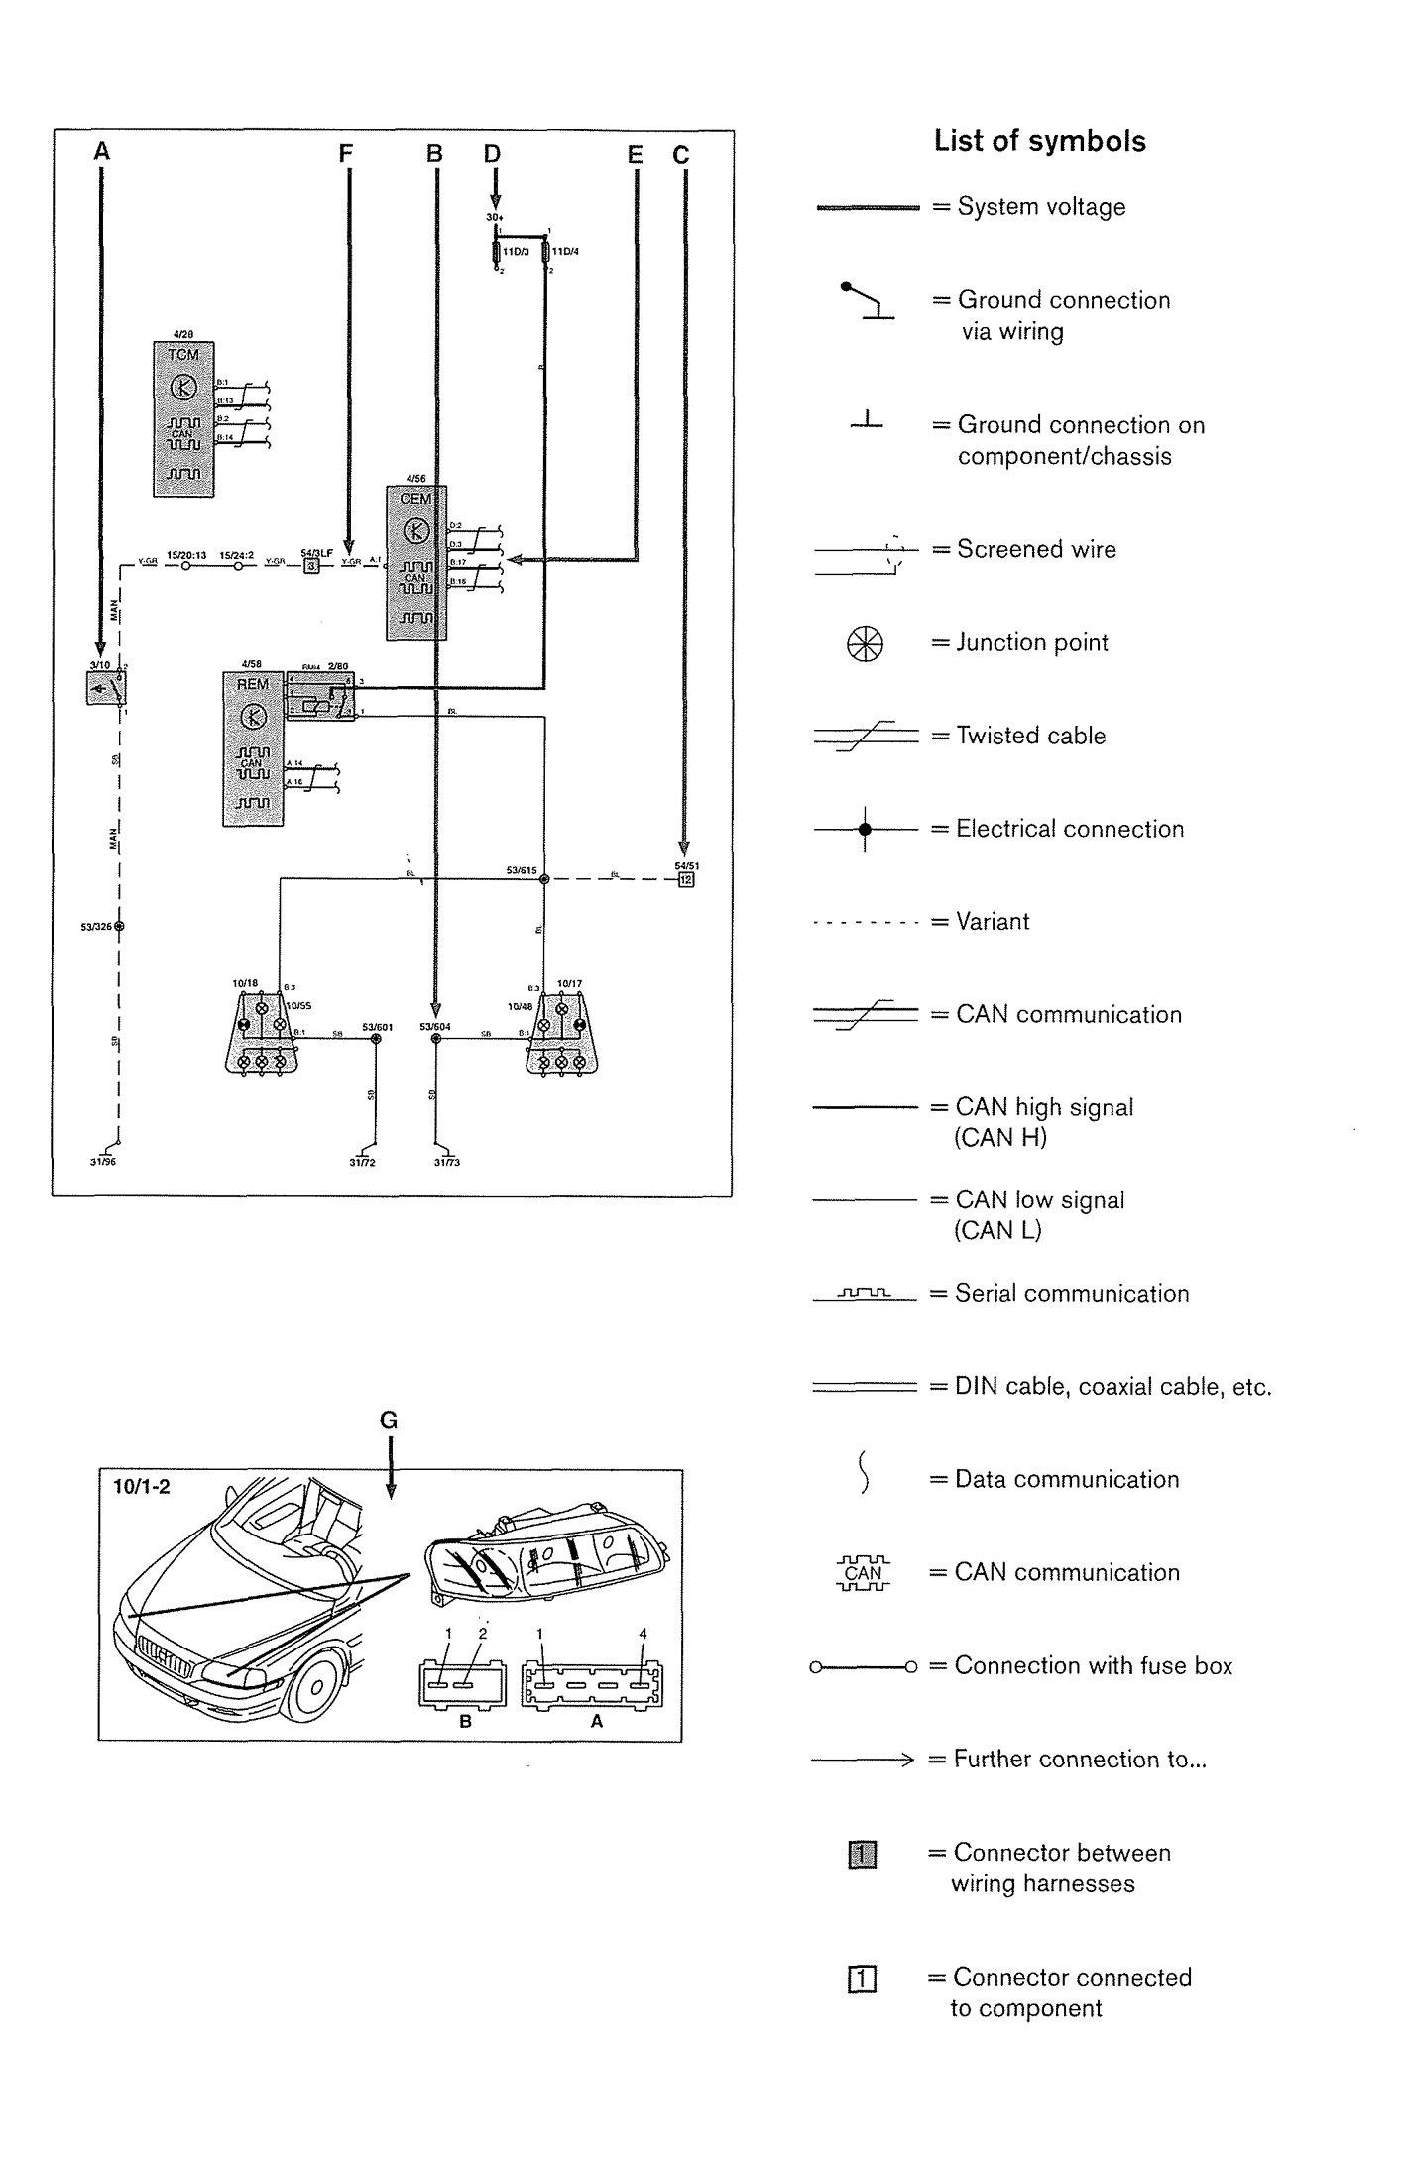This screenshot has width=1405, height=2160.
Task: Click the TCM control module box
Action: click(183, 419)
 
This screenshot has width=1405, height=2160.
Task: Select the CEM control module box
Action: click(416, 562)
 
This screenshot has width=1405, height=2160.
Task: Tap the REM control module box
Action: click(253, 748)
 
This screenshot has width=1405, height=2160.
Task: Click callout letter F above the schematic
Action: click(346, 154)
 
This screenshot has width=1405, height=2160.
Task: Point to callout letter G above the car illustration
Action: click(389, 1421)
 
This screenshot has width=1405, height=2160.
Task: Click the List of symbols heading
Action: click(1039, 142)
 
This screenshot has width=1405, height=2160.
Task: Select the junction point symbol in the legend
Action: click(864, 644)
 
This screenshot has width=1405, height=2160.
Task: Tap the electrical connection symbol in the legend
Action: click(865, 829)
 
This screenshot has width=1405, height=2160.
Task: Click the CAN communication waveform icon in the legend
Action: click(863, 1572)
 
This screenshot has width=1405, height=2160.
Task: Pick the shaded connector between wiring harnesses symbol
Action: click(863, 1854)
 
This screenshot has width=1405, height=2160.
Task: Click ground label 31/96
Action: click(103, 1162)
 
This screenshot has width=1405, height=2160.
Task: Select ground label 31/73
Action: click(446, 1162)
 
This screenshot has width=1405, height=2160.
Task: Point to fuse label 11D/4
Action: click(567, 251)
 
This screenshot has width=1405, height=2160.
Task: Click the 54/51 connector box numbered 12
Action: click(686, 879)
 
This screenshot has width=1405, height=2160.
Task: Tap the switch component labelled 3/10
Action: click(105, 688)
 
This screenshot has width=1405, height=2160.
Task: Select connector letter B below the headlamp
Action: click(465, 1722)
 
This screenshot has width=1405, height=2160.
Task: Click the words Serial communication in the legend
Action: click(1071, 1294)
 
